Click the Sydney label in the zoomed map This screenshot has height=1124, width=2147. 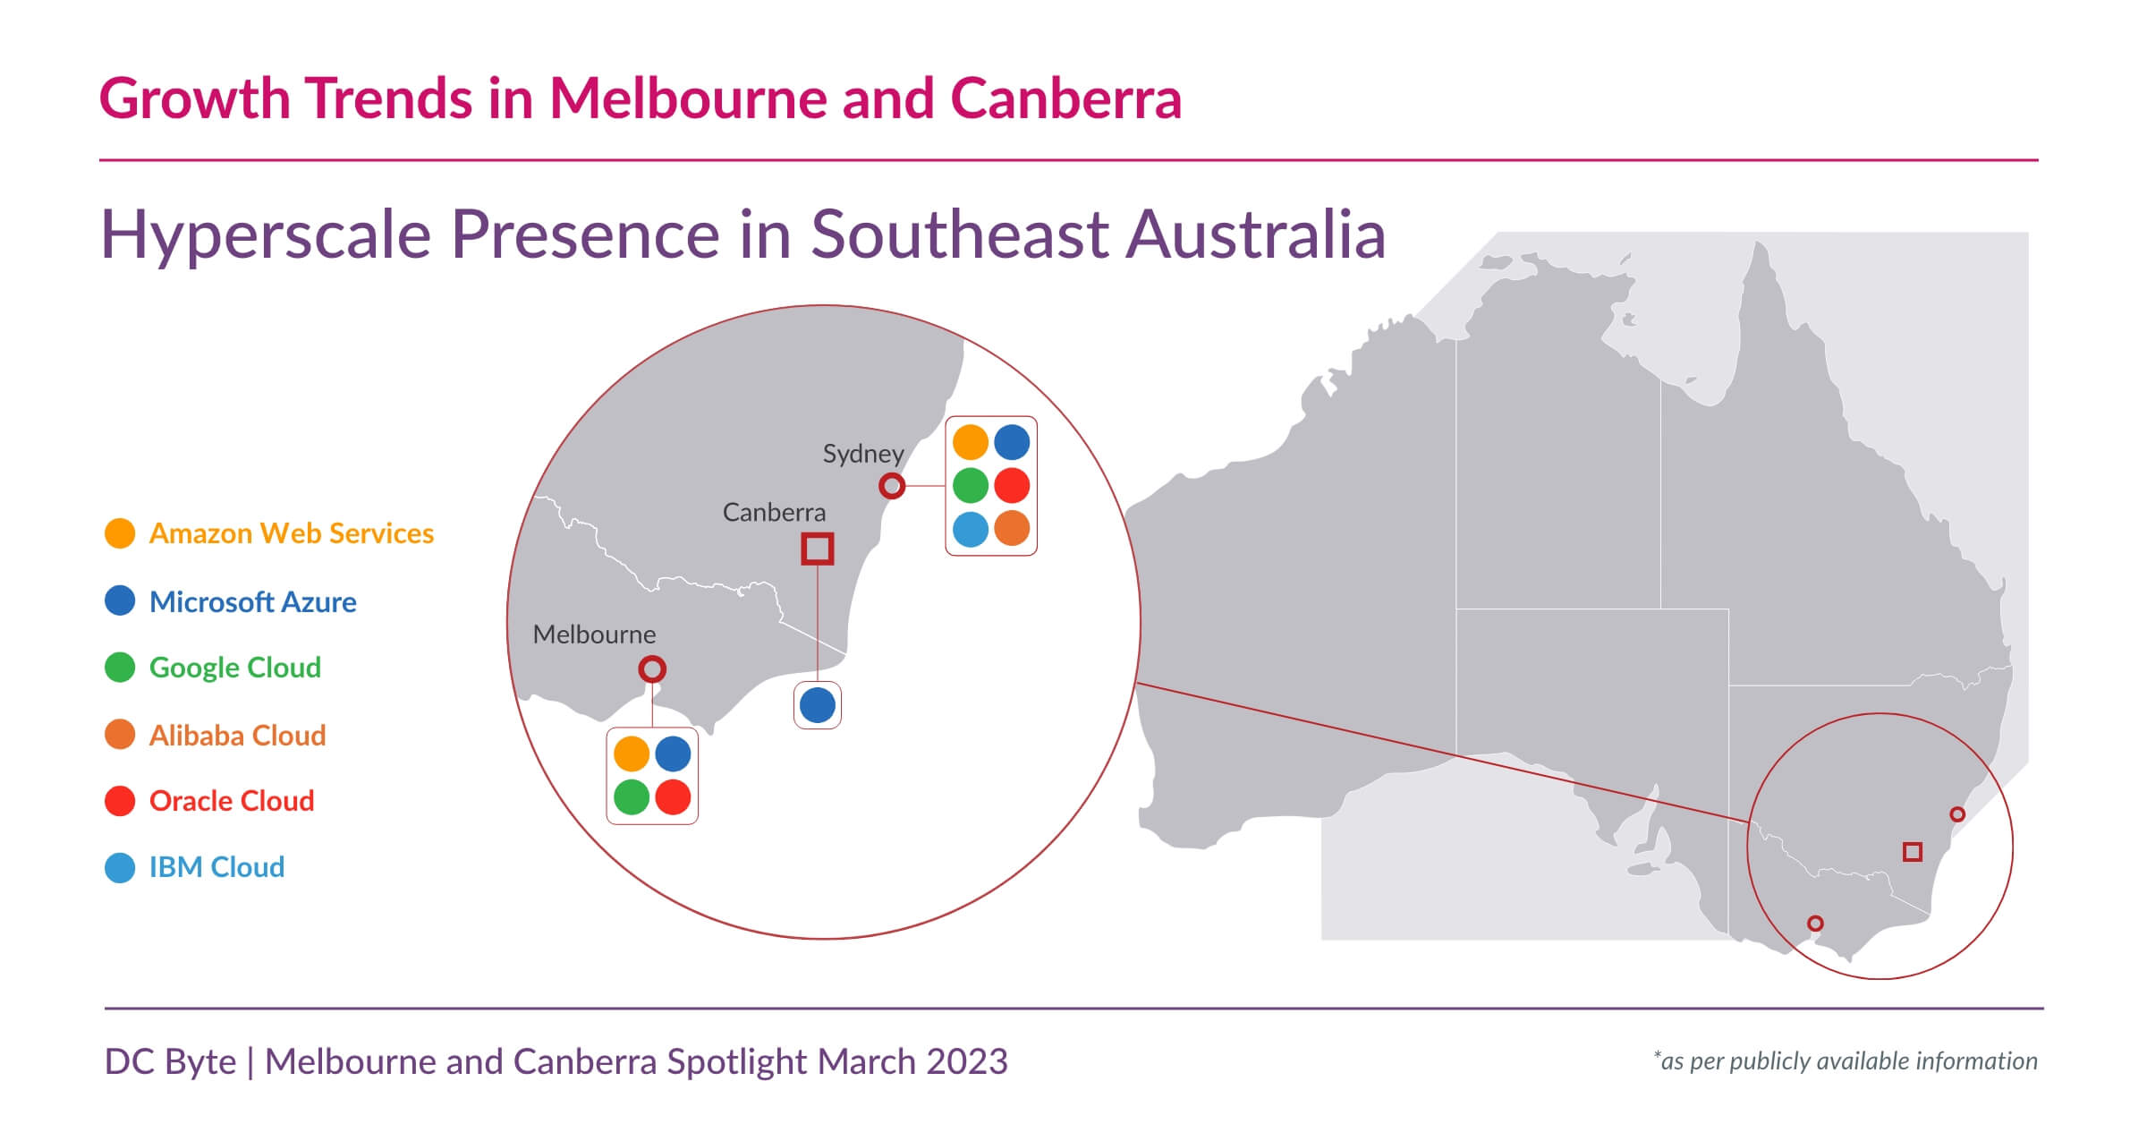click(x=862, y=454)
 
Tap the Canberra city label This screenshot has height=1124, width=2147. click(x=774, y=513)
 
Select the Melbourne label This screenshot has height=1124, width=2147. click(x=594, y=634)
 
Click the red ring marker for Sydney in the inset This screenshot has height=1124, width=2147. click(x=892, y=486)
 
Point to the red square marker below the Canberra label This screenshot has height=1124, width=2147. click(x=817, y=549)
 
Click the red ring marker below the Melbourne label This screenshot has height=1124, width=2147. click(x=652, y=668)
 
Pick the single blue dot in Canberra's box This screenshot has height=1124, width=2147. click(x=817, y=705)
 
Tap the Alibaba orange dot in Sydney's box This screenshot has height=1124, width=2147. click(x=1012, y=529)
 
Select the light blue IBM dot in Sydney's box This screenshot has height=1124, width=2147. click(x=970, y=529)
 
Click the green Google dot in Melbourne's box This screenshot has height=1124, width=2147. click(x=632, y=796)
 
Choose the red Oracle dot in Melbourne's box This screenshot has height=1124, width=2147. click(x=673, y=796)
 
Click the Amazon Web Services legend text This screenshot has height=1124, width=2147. click(x=291, y=533)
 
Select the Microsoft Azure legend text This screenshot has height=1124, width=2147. click(x=252, y=602)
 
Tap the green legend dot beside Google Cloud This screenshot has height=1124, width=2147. click(x=120, y=668)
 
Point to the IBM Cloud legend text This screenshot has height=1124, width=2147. click(x=216, y=867)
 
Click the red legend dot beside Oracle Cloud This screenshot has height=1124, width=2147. click(x=120, y=801)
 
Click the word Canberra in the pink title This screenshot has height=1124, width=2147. click(x=1065, y=98)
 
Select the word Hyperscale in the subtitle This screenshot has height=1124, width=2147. click(x=266, y=234)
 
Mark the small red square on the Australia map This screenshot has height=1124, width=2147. click(x=1913, y=851)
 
